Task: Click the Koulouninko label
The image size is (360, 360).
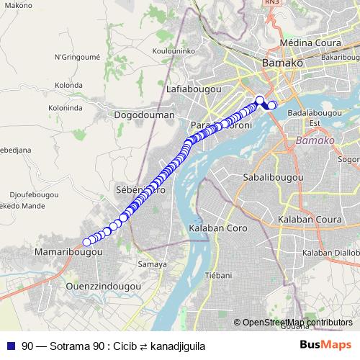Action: click(x=175, y=51)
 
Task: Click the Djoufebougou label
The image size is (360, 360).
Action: click(x=34, y=194)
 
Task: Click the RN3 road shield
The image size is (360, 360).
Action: click(x=272, y=4)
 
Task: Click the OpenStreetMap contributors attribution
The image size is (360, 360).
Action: click(x=298, y=323)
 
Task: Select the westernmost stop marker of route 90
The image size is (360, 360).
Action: click(x=86, y=242)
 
